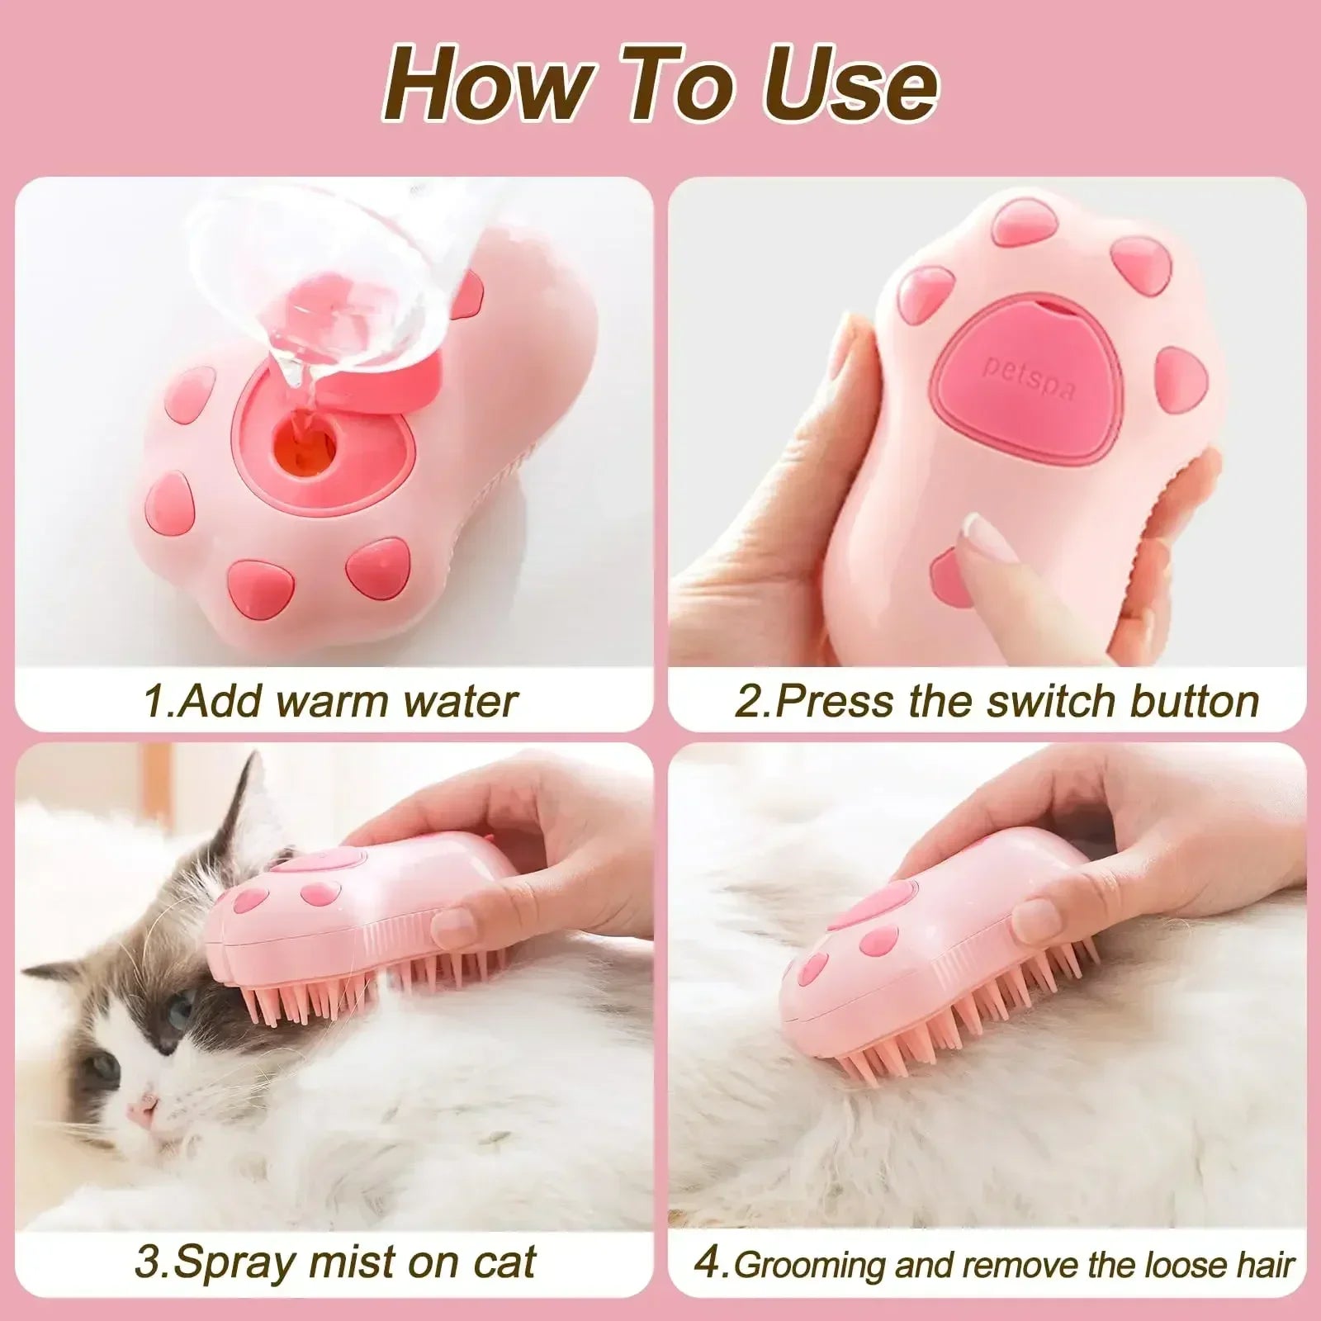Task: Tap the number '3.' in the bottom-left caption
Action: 154,1262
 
